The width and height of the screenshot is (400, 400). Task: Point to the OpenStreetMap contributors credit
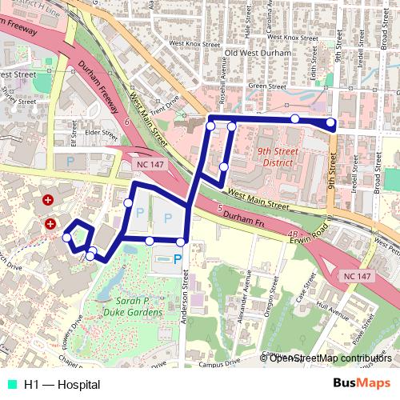[x=330, y=358]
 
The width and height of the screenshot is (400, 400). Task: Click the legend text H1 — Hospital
[x=62, y=385]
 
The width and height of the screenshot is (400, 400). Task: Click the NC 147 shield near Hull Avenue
[x=358, y=275]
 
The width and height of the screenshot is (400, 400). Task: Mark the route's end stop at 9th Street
[x=330, y=123]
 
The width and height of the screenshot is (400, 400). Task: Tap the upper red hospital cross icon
[x=48, y=198]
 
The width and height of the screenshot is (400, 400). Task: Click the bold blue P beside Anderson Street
[x=178, y=258]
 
